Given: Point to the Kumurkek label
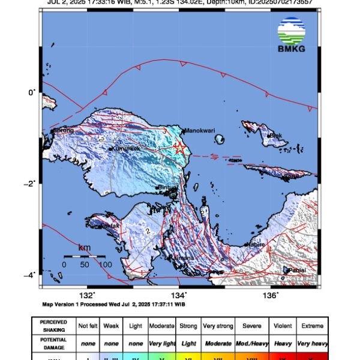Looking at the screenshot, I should [x=127, y=148].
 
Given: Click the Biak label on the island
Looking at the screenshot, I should [x=276, y=136].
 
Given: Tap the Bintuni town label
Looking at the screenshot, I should [x=167, y=188].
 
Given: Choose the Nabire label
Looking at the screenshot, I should [x=256, y=245].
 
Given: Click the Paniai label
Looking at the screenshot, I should [x=296, y=271].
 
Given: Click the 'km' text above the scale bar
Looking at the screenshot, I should [x=85, y=247].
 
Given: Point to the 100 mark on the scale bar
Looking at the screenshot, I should [x=104, y=264].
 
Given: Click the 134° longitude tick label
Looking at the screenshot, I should [x=181, y=295].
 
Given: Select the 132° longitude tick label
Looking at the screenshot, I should [x=88, y=295].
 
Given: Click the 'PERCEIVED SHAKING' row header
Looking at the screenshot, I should [x=54, y=326].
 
